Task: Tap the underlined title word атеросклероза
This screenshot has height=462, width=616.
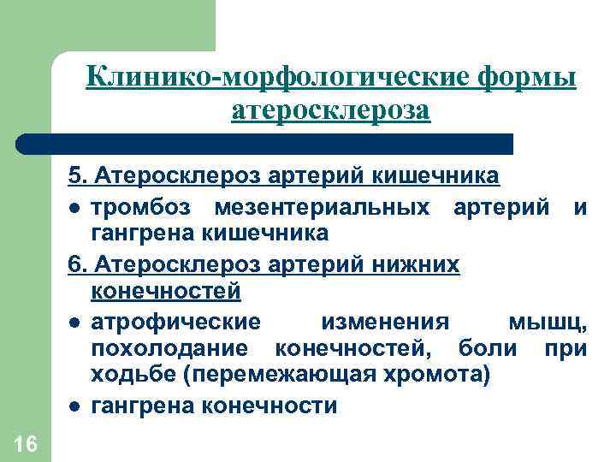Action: (x=331, y=111)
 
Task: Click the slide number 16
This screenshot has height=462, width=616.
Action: (x=25, y=443)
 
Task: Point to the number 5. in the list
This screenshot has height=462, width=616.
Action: (x=78, y=177)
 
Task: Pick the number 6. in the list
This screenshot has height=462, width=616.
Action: (x=78, y=265)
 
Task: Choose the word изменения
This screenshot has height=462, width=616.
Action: (x=385, y=323)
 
